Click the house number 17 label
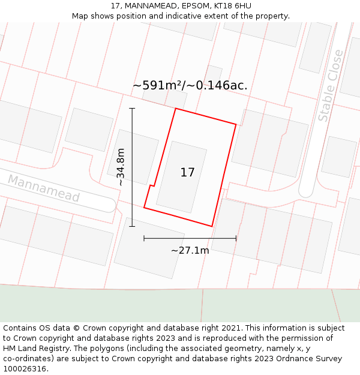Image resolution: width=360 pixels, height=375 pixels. [187, 173]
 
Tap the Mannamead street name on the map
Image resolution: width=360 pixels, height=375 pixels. [43, 188]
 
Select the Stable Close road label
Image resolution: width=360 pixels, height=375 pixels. [331, 86]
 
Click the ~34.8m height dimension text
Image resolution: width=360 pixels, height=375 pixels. [121, 167]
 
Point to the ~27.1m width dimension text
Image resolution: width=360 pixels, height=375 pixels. [190, 250]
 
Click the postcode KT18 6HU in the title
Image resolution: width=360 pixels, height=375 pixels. [231, 6]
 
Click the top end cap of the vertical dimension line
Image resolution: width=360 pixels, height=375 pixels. [132, 109]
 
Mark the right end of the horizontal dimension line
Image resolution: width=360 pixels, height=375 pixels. [236, 238]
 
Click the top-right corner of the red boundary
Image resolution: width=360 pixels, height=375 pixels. [236, 125]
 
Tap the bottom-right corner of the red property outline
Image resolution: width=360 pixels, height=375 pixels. [212, 226]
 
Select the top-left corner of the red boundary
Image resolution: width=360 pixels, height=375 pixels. [175, 109]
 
